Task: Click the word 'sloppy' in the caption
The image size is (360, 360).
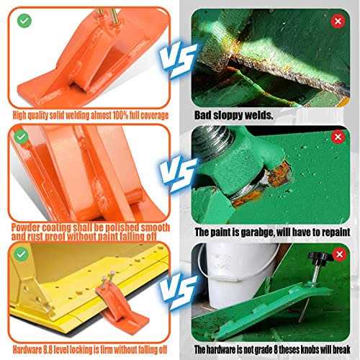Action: (233, 114)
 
